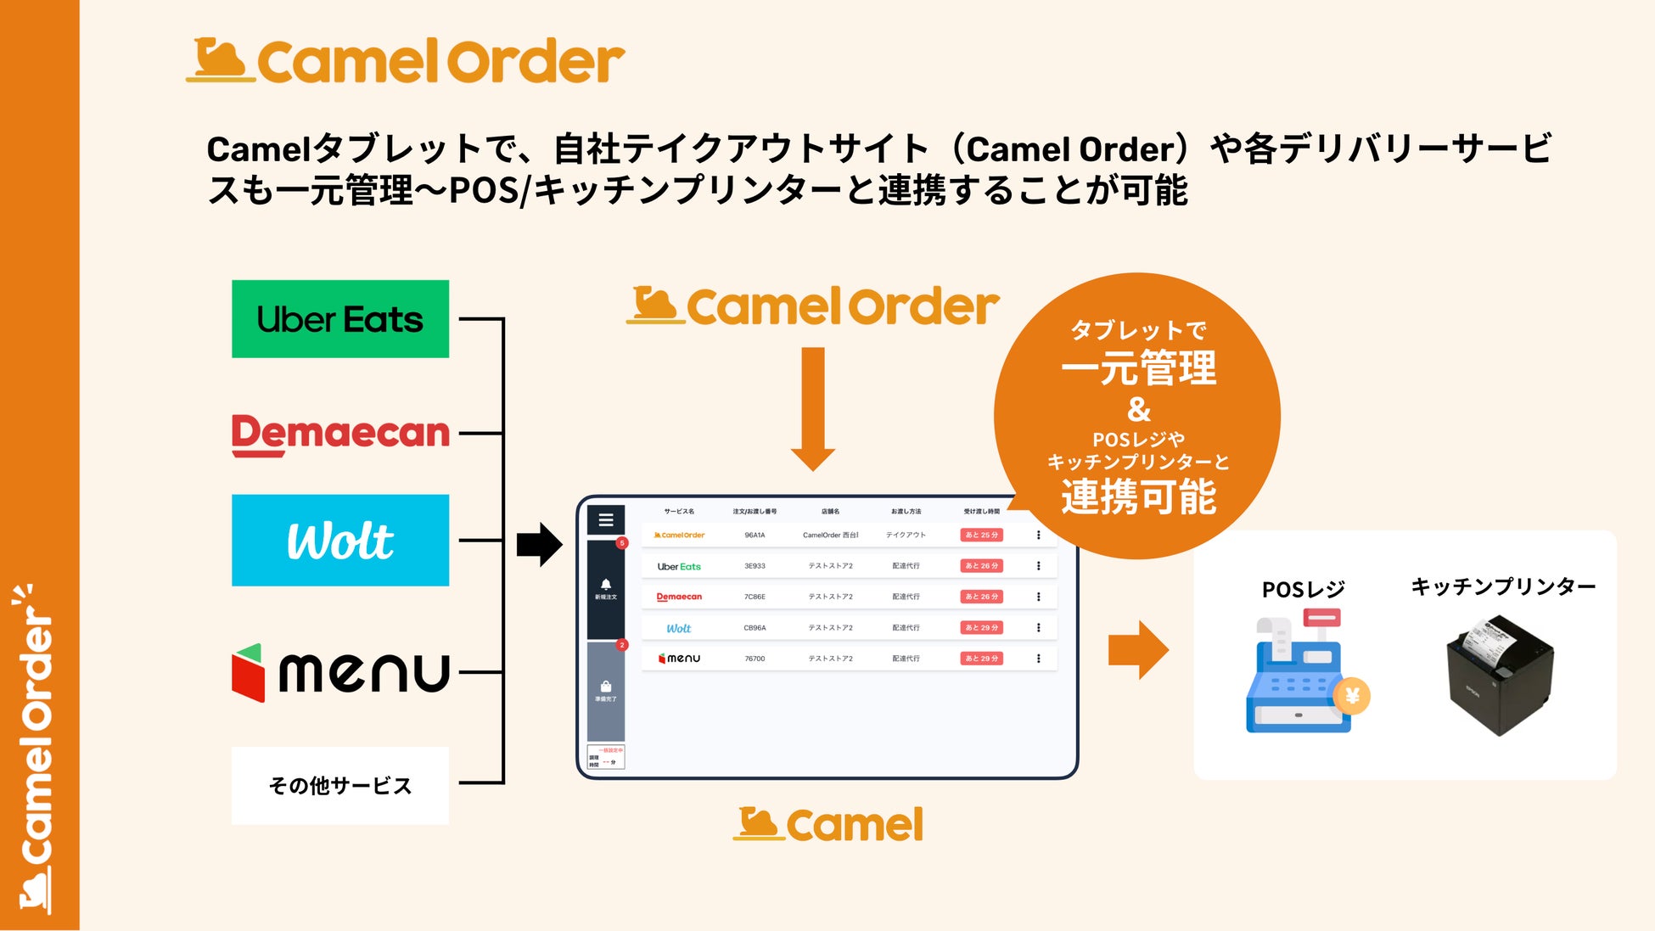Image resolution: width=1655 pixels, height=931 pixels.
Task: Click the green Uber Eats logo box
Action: click(x=340, y=319)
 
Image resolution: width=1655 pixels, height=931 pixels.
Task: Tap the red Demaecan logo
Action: click(x=340, y=434)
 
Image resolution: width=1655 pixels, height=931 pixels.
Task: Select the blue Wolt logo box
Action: click(x=340, y=541)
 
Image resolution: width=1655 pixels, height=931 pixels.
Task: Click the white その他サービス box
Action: click(x=340, y=785)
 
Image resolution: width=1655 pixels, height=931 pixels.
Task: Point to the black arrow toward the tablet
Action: click(x=539, y=544)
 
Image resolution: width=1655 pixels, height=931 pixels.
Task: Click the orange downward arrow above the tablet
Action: click(x=812, y=408)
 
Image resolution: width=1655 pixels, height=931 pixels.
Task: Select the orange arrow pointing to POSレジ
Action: click(x=1138, y=650)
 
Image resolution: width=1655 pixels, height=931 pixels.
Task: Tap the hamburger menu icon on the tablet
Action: click(x=606, y=519)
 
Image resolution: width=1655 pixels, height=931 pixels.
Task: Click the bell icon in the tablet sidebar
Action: click(x=606, y=585)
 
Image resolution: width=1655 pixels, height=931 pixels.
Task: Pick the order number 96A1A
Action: click(x=755, y=536)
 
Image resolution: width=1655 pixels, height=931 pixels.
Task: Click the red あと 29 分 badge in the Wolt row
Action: click(x=981, y=628)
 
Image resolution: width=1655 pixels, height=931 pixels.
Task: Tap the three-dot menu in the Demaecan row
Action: click(x=1038, y=597)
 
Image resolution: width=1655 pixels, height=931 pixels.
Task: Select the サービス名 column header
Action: click(x=679, y=512)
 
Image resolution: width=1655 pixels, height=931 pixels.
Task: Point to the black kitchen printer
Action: click(x=1501, y=676)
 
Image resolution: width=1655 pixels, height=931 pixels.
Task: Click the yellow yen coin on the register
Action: click(x=1352, y=697)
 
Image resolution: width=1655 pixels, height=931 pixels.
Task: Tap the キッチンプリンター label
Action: click(x=1503, y=586)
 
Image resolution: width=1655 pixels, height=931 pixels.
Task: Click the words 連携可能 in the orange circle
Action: click(x=1138, y=497)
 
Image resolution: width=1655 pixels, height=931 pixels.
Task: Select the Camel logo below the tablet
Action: click(x=828, y=825)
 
